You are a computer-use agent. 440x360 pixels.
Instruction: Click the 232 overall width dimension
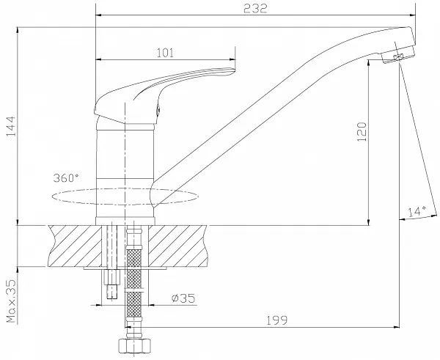coord(255,8)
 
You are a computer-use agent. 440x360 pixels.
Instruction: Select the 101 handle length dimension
coord(165,53)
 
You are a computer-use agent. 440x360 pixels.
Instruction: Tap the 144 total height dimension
coord(11,126)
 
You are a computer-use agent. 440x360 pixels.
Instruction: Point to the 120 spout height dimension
coord(362,132)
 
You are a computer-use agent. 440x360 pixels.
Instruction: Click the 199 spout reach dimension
coord(276,320)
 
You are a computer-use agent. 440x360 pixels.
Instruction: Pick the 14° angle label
coord(417,211)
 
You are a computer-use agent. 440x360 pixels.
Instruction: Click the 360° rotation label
coord(66,177)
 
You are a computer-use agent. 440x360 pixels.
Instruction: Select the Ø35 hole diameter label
coord(183,298)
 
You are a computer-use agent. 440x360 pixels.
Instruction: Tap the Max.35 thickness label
coord(11,301)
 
